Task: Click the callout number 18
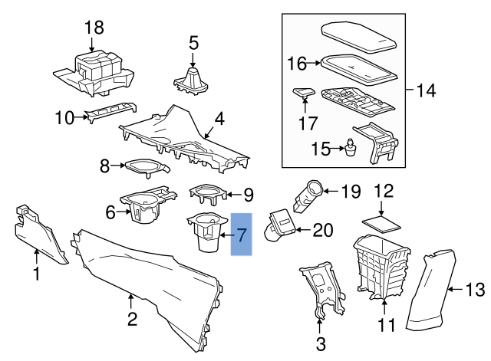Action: tap(94, 28)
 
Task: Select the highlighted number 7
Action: tap(241, 235)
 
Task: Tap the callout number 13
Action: tap(476, 289)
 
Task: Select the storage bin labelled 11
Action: tap(380, 268)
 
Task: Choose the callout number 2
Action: tap(132, 318)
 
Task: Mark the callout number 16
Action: tap(297, 64)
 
